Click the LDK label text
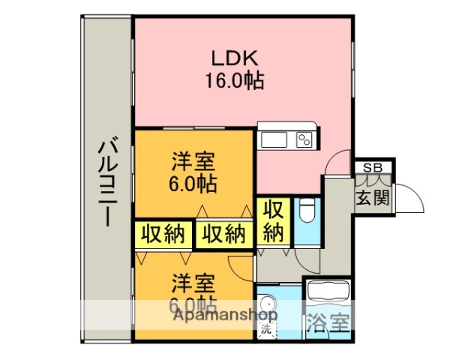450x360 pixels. point(234,58)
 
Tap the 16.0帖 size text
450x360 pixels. point(234,80)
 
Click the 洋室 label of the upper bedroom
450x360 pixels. point(193,161)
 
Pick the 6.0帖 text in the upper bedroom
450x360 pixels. point(193,184)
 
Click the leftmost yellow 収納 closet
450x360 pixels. point(163,235)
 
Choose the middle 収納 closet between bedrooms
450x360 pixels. point(223,235)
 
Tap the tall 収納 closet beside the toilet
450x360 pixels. point(273,220)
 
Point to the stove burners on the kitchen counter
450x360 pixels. point(304,139)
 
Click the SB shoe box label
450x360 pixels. point(371,167)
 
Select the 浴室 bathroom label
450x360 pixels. point(328,324)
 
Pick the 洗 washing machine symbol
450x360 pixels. point(265,328)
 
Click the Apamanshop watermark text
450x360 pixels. point(225,316)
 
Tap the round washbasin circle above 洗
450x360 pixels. point(268,306)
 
